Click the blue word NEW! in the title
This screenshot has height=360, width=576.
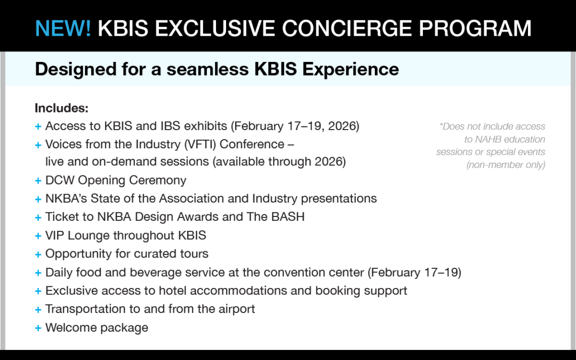tap(63, 28)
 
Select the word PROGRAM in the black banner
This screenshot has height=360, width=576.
tap(475, 28)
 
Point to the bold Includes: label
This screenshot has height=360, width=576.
tap(61, 108)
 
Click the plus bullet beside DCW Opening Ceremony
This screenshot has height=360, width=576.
tap(38, 181)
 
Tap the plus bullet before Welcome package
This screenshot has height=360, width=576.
tap(38, 328)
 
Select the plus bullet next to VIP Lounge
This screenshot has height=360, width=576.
tap(38, 236)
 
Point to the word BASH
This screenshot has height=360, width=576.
tap(288, 217)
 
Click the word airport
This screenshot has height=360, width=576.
tap(237, 309)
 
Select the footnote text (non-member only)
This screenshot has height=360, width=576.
tap(506, 165)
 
